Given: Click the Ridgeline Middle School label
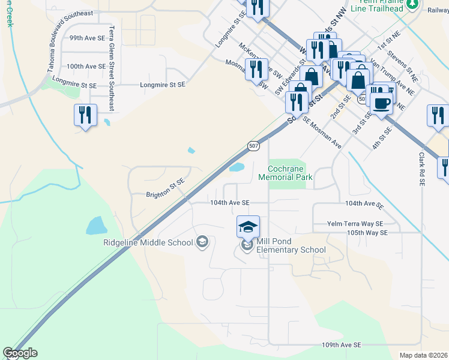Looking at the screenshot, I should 147,242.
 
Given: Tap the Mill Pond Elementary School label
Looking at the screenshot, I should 291,245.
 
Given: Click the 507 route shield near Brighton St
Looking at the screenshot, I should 253,146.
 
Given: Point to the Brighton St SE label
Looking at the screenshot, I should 165,194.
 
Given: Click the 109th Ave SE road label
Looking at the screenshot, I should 341,345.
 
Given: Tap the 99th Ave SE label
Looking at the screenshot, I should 87,37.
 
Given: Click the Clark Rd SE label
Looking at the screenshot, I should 421,167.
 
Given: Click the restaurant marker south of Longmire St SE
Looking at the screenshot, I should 85,115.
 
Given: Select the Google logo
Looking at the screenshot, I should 20,353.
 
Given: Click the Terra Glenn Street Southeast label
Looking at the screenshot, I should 112,68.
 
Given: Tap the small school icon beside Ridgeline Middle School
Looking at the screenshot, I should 202,242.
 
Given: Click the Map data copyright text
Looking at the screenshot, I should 423,355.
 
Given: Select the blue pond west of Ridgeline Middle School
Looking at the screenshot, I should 97,226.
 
